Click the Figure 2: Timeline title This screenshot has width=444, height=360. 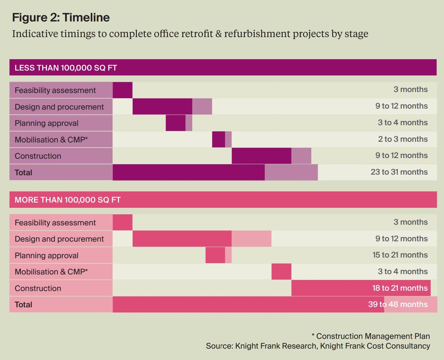[x=61, y=18]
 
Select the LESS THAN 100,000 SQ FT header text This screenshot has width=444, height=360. [x=66, y=68]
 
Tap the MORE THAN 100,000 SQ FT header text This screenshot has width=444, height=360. [x=68, y=200]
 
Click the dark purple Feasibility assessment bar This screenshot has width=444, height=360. [x=123, y=90]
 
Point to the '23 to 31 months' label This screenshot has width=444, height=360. [x=399, y=172]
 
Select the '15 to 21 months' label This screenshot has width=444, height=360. [x=400, y=255]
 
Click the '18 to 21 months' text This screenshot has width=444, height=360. [x=400, y=288]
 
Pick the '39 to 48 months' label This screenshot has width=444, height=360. [x=398, y=304]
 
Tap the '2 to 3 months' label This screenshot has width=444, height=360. [x=403, y=139]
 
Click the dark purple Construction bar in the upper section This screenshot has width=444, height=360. [x=262, y=156]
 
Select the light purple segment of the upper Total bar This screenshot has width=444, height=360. [x=291, y=172]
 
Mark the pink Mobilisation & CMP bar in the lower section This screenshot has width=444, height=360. [x=281, y=272]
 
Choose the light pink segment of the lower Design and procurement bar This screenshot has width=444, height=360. [x=251, y=239]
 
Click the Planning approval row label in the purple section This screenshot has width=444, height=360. [x=47, y=123]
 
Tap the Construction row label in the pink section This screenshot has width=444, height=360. [x=38, y=288]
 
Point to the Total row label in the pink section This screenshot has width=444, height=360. [x=23, y=305]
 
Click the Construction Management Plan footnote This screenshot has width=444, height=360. [x=371, y=336]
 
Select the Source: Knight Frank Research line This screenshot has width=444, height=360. [x=318, y=346]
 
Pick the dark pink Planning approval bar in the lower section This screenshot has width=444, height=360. [x=215, y=255]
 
